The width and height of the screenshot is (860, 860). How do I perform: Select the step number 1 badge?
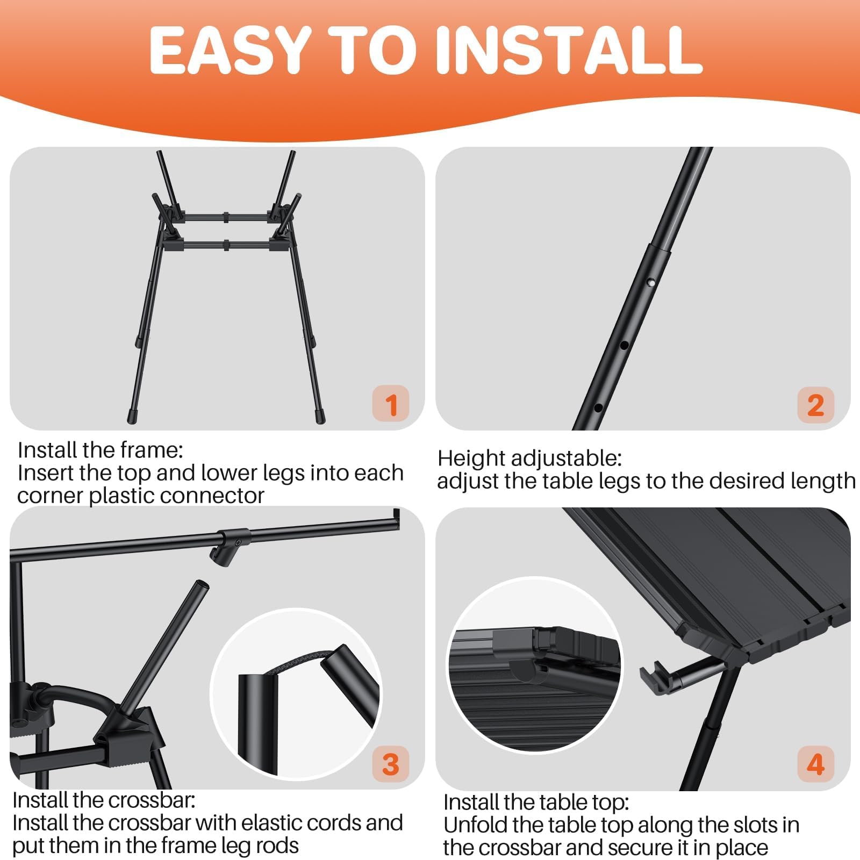(x=391, y=404)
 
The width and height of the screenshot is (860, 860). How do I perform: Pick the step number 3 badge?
(x=391, y=764)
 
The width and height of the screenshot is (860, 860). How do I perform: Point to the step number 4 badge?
(x=815, y=764)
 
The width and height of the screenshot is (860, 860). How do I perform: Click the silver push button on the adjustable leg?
(x=651, y=282)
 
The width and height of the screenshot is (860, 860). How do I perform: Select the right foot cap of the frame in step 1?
(x=320, y=416)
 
